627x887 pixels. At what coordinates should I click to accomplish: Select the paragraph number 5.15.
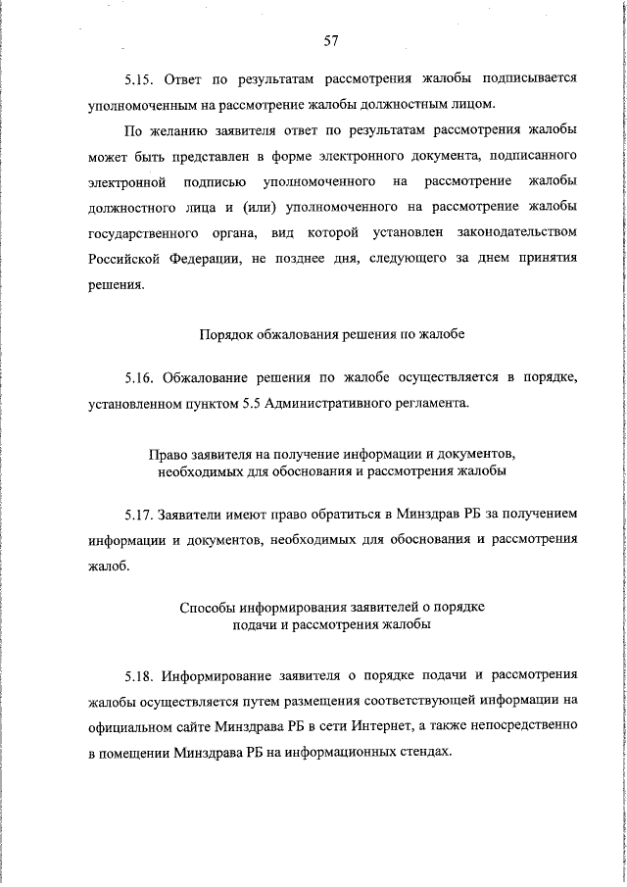coord(141,76)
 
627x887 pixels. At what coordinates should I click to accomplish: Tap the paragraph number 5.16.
coord(141,377)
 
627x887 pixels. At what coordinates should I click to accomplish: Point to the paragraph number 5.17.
coord(141,514)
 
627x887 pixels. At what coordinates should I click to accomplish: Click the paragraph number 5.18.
coord(141,675)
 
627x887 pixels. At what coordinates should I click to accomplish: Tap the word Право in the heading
coord(167,456)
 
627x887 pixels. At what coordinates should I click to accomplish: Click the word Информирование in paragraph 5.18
coord(219,675)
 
